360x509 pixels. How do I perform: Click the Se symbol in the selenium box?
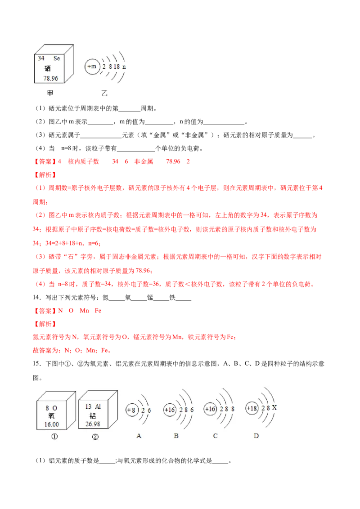(x=57, y=58)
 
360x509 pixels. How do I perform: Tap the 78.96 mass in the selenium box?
(x=51, y=78)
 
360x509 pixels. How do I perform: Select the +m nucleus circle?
(x=92, y=67)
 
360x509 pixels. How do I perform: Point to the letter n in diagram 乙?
(x=124, y=67)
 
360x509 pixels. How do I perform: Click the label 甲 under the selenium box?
(x=49, y=94)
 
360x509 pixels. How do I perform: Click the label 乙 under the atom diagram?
(x=104, y=94)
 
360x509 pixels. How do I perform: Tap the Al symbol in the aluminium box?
(x=98, y=406)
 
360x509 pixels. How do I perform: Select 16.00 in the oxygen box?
(x=52, y=424)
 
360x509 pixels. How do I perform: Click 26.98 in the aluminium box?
(x=93, y=424)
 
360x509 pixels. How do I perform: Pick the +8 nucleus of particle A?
(x=132, y=411)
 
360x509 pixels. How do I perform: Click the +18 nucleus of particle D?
(x=252, y=408)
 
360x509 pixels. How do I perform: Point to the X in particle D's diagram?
(x=274, y=407)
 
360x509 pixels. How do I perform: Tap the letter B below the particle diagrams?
(x=176, y=436)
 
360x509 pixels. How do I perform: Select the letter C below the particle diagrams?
(x=215, y=436)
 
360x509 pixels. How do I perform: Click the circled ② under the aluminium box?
(x=95, y=437)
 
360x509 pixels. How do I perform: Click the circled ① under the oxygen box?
(x=54, y=437)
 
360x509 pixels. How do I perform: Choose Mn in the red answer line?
(x=84, y=311)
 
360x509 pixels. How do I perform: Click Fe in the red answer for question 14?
(x=98, y=311)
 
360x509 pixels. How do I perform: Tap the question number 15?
(x=37, y=364)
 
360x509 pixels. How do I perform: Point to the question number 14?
(x=37, y=297)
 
